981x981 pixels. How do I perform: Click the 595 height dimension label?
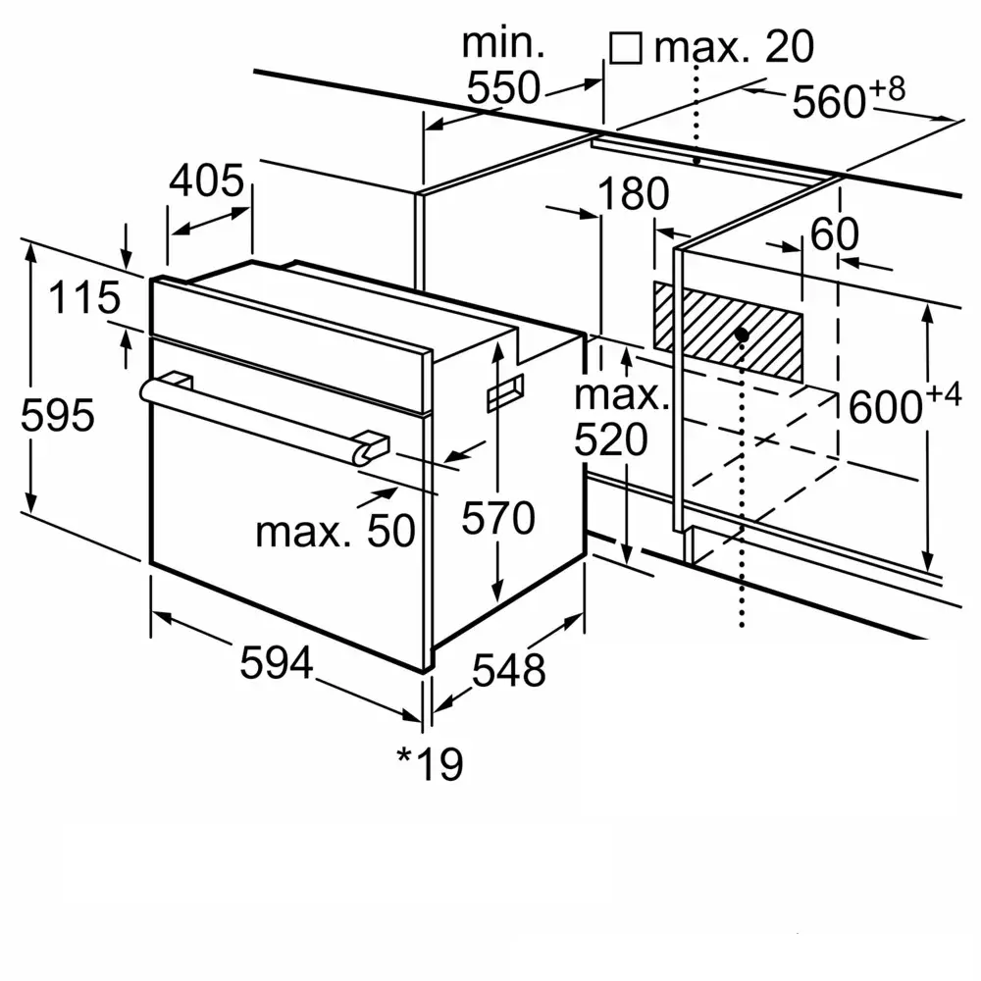pyautogui.click(x=58, y=416)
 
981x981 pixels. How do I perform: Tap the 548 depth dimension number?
pyautogui.click(x=508, y=671)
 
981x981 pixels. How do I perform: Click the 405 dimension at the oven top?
pyautogui.click(x=206, y=181)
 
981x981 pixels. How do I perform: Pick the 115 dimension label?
pyautogui.click(x=85, y=297)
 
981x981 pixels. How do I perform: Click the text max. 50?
pyautogui.click(x=336, y=531)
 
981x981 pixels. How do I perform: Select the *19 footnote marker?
pyautogui.click(x=429, y=764)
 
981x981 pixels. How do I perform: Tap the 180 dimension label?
pyautogui.click(x=634, y=195)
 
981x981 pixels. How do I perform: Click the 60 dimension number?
pyautogui.click(x=834, y=234)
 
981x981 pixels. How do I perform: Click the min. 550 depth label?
pyautogui.click(x=503, y=67)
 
